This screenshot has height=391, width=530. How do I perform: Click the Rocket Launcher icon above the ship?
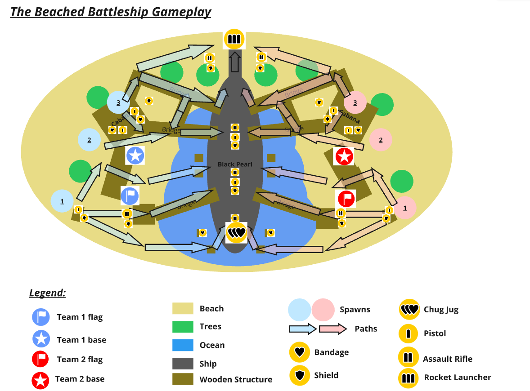(234, 39)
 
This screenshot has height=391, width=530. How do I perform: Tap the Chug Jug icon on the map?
(236, 233)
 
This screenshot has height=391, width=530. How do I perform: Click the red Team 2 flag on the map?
(346, 198)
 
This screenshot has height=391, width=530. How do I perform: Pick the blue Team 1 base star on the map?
(135, 156)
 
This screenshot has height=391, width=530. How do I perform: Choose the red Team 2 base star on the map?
(344, 156)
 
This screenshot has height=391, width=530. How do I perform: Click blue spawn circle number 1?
(62, 201)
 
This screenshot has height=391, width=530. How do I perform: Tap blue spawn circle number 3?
(118, 102)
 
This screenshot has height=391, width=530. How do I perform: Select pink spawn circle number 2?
(381, 140)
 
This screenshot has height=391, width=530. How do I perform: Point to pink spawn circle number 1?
(404, 208)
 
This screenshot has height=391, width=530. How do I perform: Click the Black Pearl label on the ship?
(235, 164)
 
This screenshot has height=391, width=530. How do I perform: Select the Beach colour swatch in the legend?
(183, 308)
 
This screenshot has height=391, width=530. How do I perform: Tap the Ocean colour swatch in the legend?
(183, 345)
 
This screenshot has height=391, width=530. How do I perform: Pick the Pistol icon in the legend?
(409, 333)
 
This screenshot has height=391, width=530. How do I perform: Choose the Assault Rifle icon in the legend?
(408, 357)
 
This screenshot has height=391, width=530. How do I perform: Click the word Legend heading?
(48, 293)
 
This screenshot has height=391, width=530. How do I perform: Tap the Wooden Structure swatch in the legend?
(183, 379)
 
